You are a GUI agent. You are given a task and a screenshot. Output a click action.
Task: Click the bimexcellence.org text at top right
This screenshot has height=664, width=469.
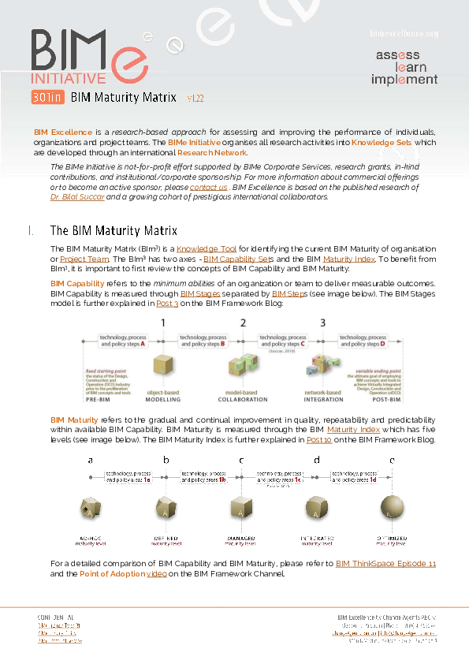[x=404, y=34]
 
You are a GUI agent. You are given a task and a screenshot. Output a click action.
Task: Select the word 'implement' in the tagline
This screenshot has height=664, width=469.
[x=404, y=80]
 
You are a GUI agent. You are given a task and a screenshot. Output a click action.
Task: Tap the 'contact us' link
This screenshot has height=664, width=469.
[x=208, y=188]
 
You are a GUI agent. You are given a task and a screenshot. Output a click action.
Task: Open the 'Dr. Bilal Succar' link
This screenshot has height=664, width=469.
[x=77, y=196]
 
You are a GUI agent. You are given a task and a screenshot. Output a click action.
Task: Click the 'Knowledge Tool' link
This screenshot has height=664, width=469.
[x=206, y=249]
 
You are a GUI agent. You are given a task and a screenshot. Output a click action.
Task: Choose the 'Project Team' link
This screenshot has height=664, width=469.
[x=84, y=259]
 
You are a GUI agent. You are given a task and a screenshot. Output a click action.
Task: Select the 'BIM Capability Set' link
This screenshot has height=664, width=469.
[x=236, y=259]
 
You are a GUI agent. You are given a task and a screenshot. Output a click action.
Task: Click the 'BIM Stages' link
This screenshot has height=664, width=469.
[x=200, y=294]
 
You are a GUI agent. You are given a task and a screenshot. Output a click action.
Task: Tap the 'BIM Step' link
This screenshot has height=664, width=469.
[x=288, y=294]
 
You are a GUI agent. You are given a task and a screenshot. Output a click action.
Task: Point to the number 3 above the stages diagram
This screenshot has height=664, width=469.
[x=322, y=323]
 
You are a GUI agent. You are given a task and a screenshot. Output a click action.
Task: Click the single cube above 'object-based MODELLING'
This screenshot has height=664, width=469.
[x=163, y=367]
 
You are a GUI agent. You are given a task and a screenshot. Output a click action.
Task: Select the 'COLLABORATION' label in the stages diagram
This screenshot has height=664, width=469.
[x=243, y=400]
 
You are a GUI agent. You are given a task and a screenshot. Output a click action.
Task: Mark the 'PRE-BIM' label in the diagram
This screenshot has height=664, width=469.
[x=101, y=400]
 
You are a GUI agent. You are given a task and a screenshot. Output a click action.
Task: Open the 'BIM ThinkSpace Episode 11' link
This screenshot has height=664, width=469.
[x=385, y=564]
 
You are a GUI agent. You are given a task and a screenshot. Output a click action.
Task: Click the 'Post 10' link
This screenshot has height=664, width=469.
[x=319, y=440]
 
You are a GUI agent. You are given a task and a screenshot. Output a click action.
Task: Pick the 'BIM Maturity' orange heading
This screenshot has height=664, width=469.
[x=74, y=420]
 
